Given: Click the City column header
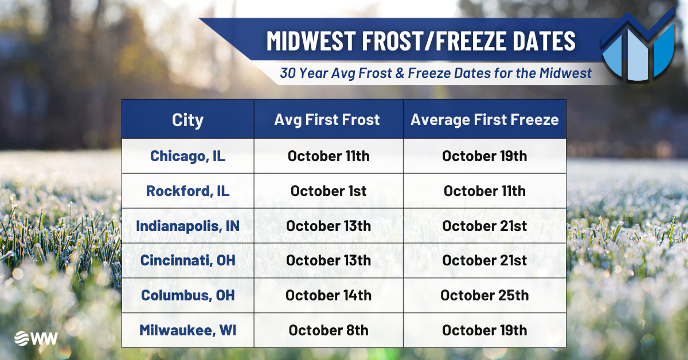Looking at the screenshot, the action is (x=187, y=120).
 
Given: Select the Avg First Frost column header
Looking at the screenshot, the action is (x=327, y=120).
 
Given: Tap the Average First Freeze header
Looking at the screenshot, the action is (x=484, y=120).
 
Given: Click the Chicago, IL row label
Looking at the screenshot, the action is (x=187, y=156).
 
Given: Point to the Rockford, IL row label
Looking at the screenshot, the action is (x=187, y=191).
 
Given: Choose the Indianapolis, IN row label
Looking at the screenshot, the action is (x=187, y=226).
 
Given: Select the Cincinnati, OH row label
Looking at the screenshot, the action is (x=187, y=260).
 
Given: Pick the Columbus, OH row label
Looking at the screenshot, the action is (x=187, y=295).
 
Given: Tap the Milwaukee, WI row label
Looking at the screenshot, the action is (x=187, y=330).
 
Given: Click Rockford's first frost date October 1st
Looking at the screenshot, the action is (x=329, y=191).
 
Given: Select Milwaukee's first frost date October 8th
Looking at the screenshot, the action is (x=329, y=330).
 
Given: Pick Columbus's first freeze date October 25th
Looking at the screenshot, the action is (x=484, y=295).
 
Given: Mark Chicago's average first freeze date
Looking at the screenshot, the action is (x=484, y=156).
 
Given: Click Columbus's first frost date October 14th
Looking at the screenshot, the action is (x=329, y=295).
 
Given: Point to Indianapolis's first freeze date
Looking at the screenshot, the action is (x=484, y=226).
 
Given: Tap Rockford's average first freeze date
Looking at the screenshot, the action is (x=484, y=191).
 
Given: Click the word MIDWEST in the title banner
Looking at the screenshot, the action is (x=311, y=41).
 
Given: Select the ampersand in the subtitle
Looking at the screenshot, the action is (x=400, y=73).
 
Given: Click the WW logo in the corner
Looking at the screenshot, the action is (x=36, y=338).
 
